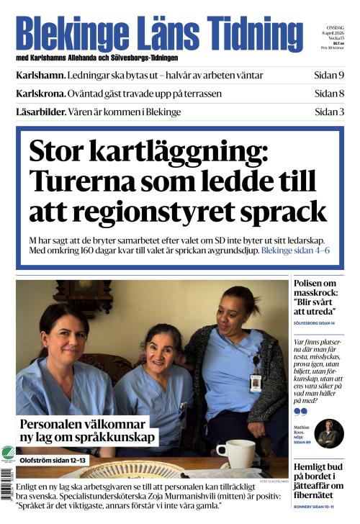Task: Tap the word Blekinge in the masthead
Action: (66, 33)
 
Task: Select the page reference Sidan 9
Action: (329, 76)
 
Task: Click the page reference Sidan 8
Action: (329, 94)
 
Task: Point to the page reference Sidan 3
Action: (329, 112)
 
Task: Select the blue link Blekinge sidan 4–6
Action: (295, 250)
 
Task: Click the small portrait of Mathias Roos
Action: (329, 433)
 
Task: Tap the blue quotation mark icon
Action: (300, 412)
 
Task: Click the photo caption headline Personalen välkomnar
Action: (87, 430)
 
